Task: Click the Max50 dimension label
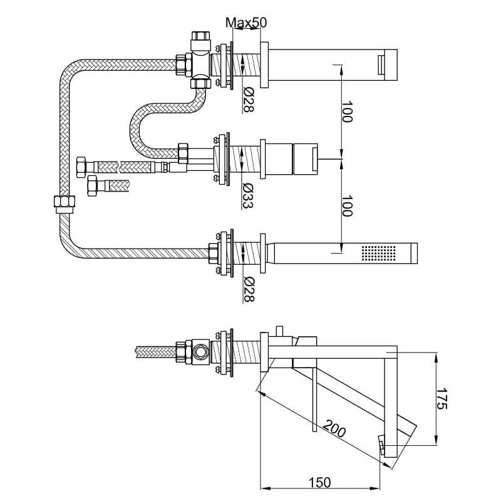pos(246,23)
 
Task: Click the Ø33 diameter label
pos(248,195)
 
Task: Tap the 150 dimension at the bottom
pos(320,482)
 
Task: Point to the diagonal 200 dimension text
pos(334,428)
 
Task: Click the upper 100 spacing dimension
pos(347,111)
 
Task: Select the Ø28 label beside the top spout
pos(249,100)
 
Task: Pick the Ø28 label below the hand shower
pos(249,290)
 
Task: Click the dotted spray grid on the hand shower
pos(379,253)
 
